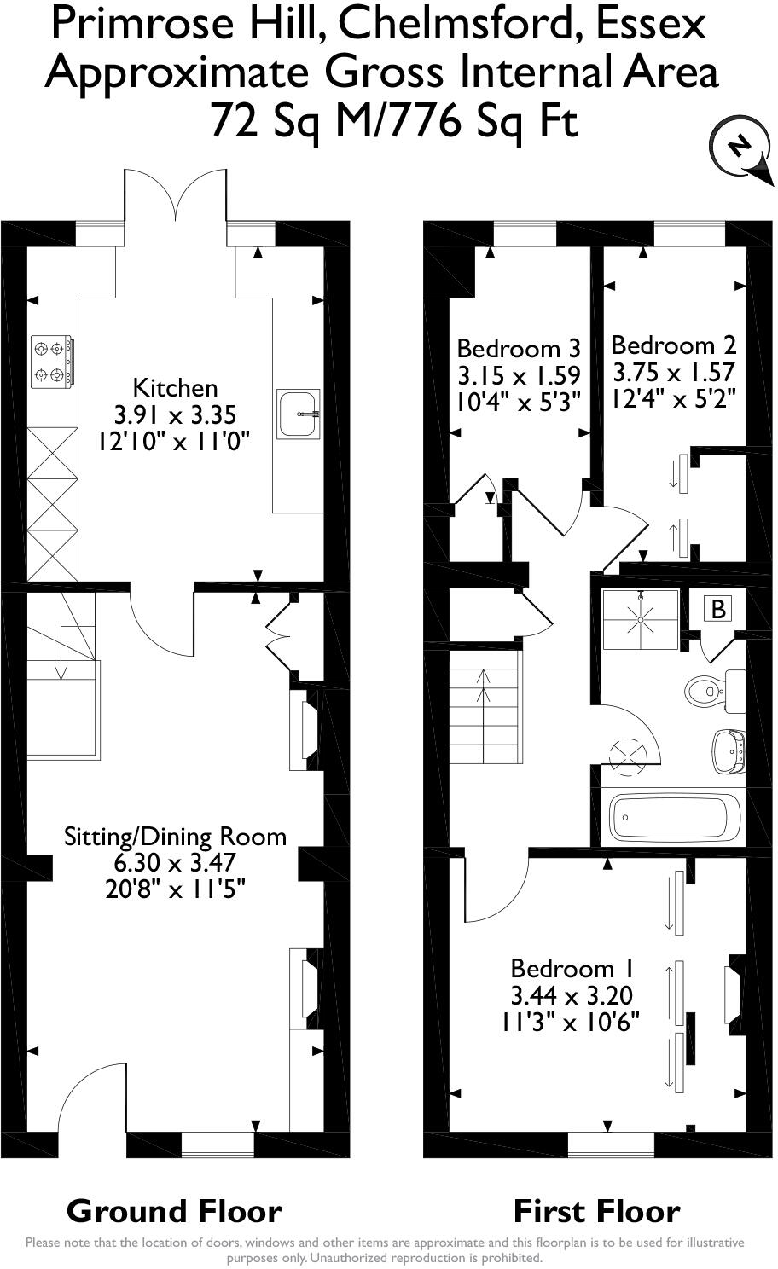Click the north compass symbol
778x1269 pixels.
pos(736,150)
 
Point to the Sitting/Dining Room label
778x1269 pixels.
pos(176,836)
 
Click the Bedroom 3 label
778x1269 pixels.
pos(519,348)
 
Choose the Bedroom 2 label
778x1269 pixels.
pos(673,345)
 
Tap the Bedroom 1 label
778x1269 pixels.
pos(572,968)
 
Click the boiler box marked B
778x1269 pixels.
pos(718,609)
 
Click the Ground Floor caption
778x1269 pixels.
pos(174,1211)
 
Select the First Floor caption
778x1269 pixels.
pos(596,1211)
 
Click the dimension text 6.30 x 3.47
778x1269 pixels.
pos(176,862)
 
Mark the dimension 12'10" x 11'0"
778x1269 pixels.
pos(176,442)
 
